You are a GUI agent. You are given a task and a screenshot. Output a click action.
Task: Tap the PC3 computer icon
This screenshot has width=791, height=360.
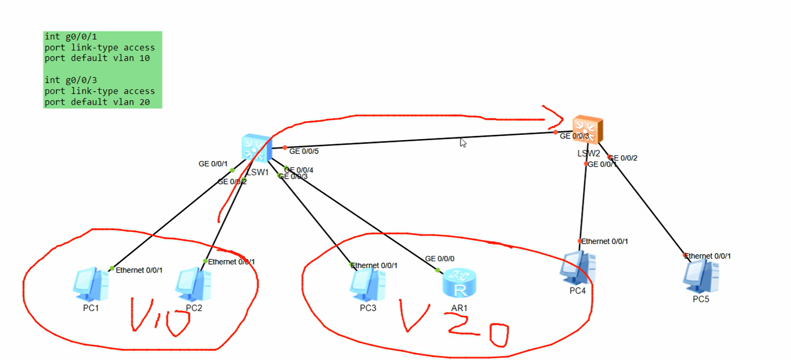click(x=367, y=285)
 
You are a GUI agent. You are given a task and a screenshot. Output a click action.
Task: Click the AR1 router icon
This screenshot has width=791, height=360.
click(x=459, y=284)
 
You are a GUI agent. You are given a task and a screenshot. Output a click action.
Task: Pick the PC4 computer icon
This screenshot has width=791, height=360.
click(x=578, y=268)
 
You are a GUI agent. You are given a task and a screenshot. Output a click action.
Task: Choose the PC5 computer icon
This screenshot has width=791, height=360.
click(x=701, y=276)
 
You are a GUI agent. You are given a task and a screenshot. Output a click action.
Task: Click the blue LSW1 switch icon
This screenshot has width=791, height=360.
click(x=257, y=148)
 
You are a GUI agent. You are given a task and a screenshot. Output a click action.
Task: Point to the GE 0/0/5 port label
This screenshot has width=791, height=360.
click(x=304, y=152)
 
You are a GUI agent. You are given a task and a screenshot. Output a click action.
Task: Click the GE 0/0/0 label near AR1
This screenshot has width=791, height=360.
click(x=439, y=259)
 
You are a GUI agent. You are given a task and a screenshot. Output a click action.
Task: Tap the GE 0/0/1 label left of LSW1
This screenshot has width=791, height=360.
click(x=213, y=164)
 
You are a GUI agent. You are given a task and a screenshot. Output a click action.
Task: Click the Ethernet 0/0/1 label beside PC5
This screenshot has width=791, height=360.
click(x=707, y=256)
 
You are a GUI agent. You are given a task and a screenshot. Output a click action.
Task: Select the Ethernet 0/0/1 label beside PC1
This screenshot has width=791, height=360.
click(x=139, y=270)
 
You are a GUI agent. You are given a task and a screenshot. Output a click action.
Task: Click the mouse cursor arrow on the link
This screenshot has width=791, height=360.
click(x=463, y=142)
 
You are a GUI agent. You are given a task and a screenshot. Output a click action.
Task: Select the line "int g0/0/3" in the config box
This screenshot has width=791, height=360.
click(x=71, y=80)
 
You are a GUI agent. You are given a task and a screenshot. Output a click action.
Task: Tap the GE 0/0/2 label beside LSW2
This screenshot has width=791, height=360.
click(x=624, y=158)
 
